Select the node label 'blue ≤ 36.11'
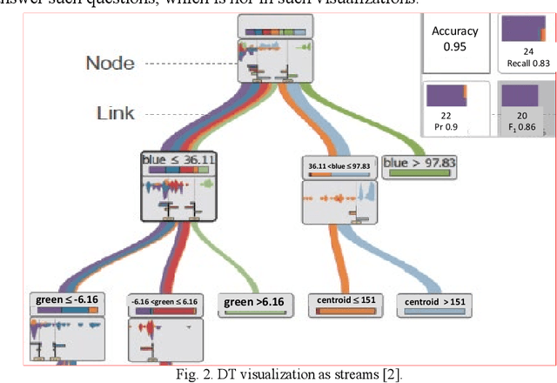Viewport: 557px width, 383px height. pos(178,161)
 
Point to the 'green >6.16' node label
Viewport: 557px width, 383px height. pos(255,303)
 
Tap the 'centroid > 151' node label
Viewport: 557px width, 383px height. pos(435,302)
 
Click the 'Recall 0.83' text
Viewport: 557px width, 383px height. pos(527,64)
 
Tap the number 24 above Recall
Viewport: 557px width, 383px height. pos(527,52)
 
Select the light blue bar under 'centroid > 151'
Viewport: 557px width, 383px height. pos(435,316)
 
